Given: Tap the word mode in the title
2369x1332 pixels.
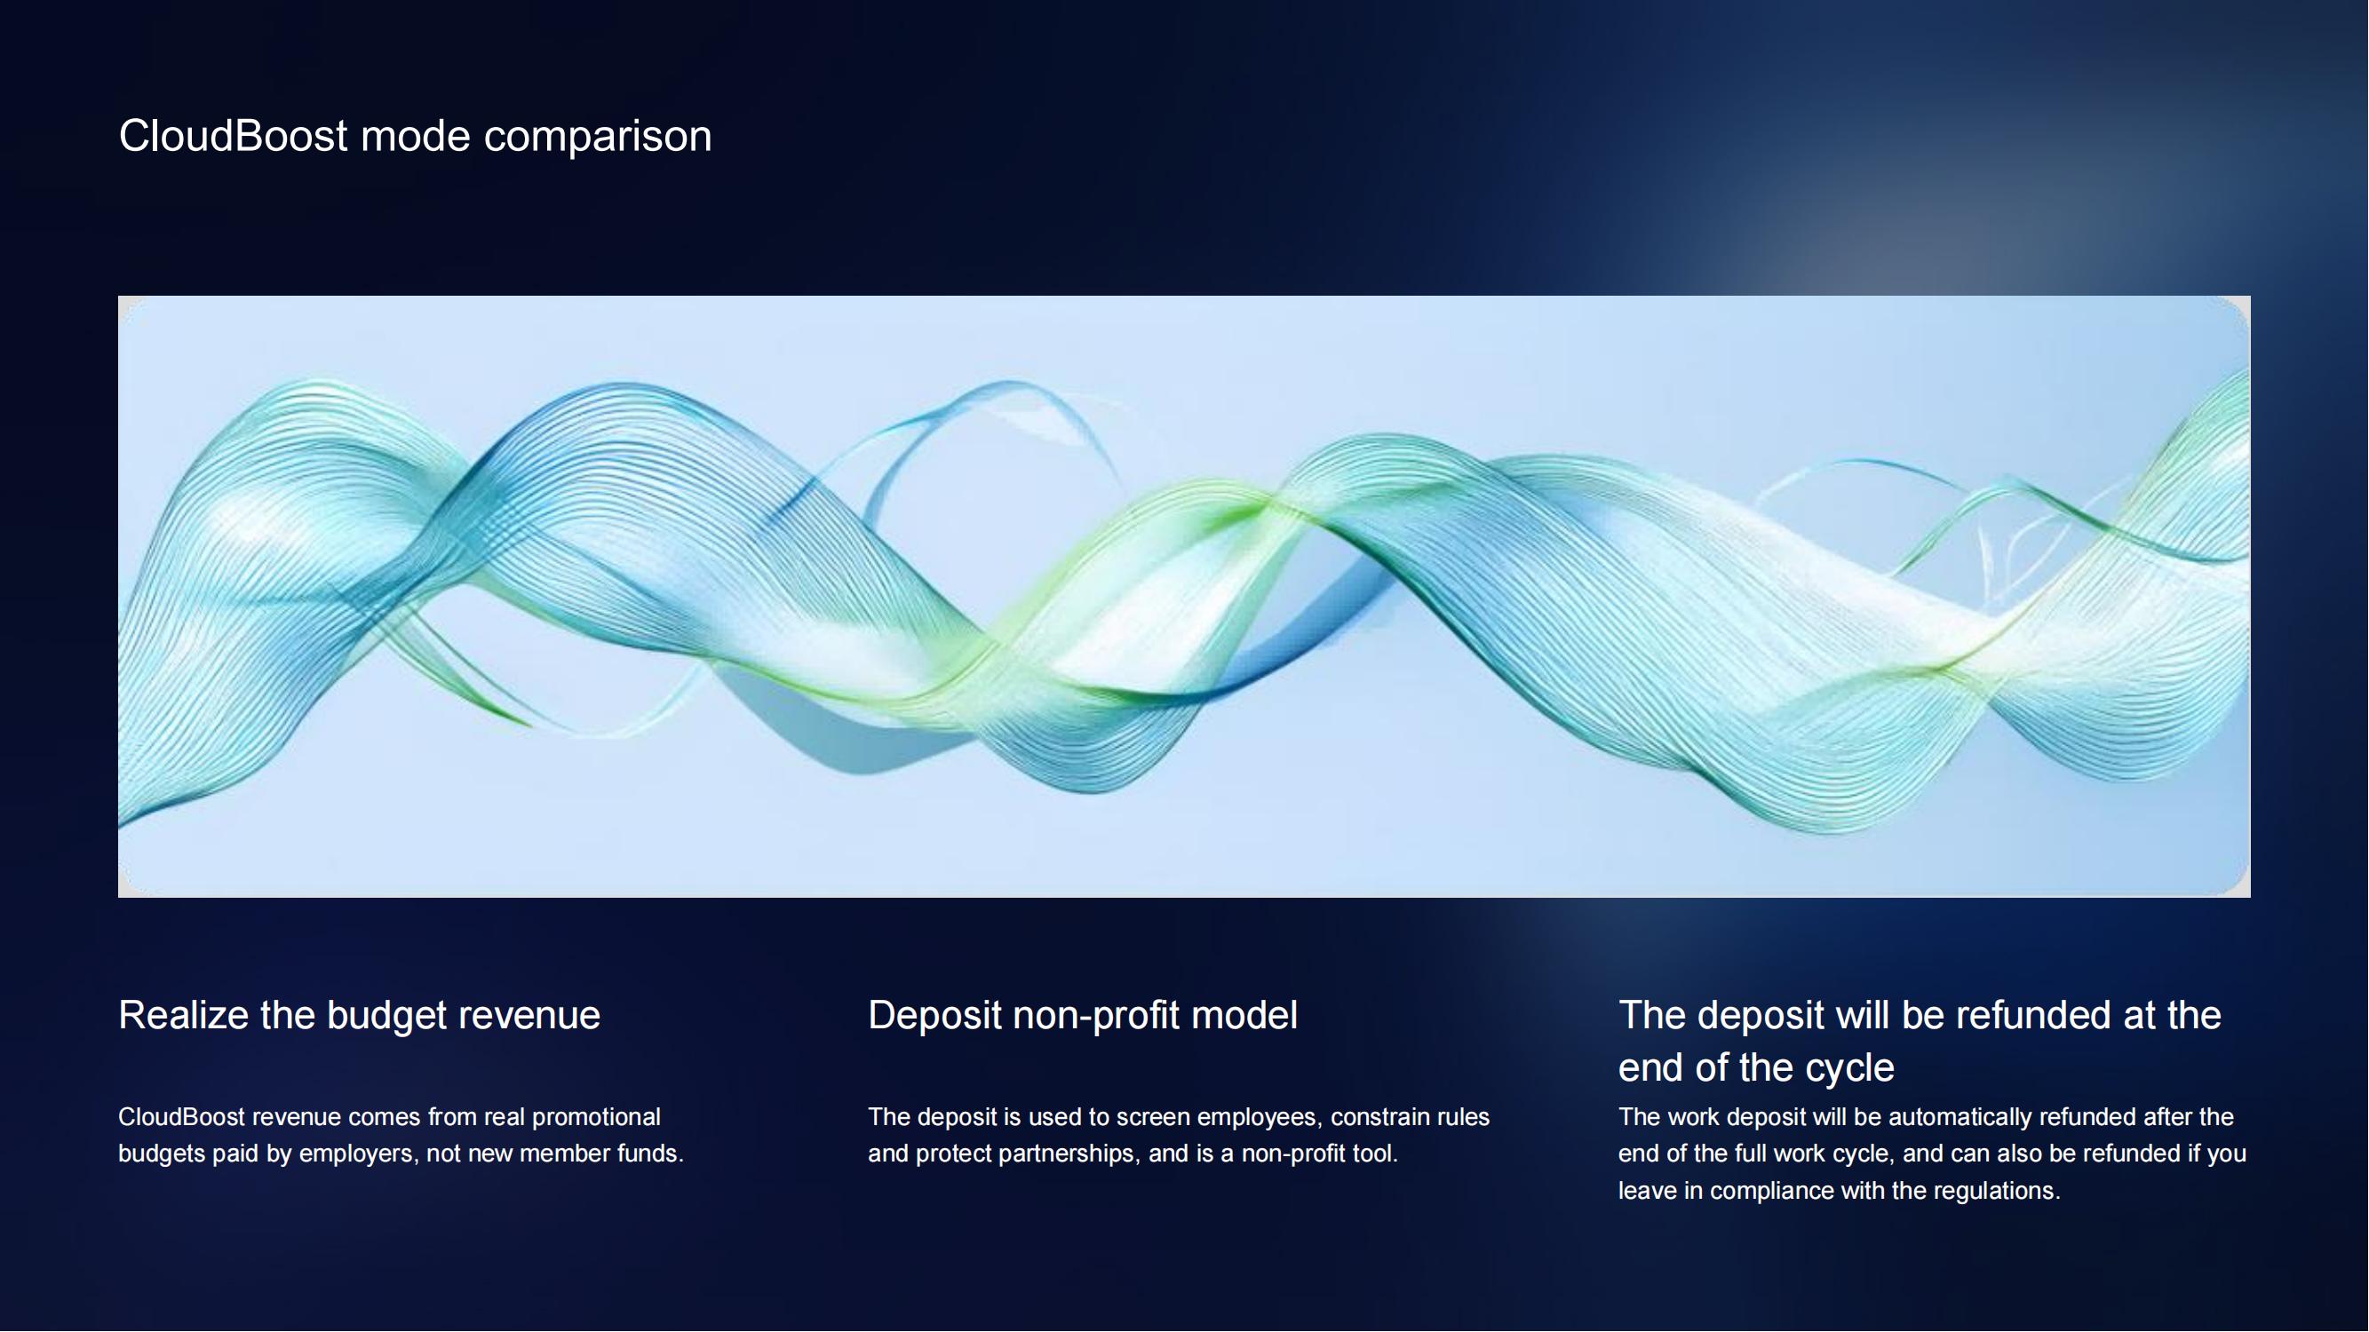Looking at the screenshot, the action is click(415, 136).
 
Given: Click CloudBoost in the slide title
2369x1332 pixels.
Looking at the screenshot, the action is click(234, 136).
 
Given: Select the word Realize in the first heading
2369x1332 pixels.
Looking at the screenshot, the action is click(183, 1015).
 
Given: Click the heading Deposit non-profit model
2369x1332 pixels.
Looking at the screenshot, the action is click(1083, 1016).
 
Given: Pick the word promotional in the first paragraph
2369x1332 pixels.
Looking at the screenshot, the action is click(596, 1118).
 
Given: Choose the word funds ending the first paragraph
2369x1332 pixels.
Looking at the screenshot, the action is click(653, 1154).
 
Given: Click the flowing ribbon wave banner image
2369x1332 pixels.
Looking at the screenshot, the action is click(1185, 596).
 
